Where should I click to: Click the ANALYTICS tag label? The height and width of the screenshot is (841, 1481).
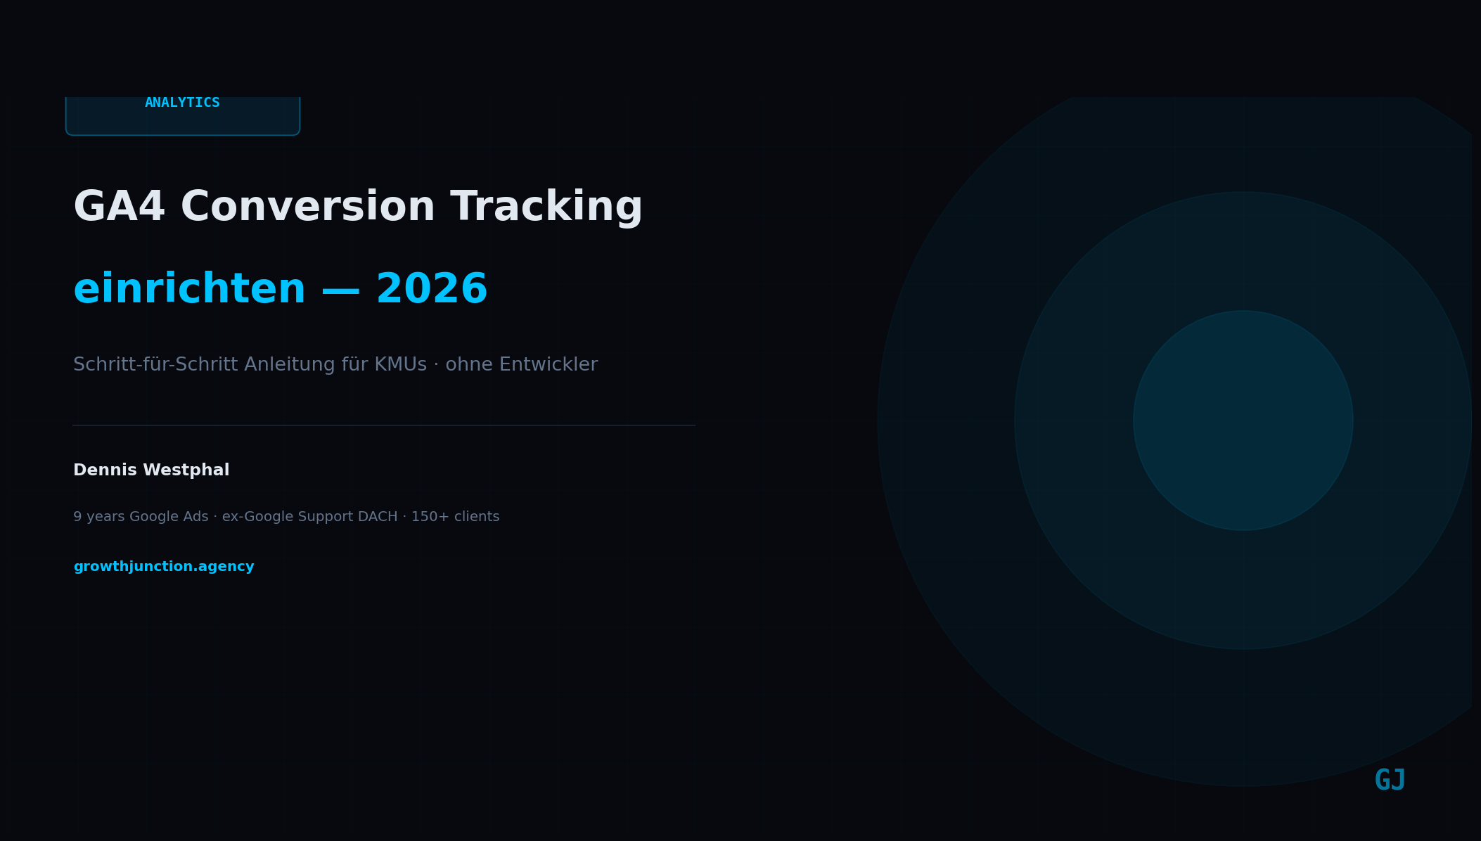pyautogui.click(x=182, y=103)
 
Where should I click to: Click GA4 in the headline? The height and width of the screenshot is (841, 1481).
pyautogui.click(x=119, y=207)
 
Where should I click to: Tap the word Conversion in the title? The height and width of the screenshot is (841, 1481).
pyautogui.click(x=307, y=207)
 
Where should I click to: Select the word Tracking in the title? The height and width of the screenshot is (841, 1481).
pyautogui.click(x=546, y=207)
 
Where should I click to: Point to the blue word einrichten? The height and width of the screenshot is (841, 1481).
pyautogui.click(x=189, y=290)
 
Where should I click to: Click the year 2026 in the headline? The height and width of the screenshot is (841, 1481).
pyautogui.click(x=431, y=290)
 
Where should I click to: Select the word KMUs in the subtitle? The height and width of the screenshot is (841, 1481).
pyautogui.click(x=400, y=365)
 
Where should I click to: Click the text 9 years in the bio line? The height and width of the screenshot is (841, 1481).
pyautogui.click(x=98, y=517)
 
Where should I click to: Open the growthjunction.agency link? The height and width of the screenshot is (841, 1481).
pyautogui.click(x=164, y=567)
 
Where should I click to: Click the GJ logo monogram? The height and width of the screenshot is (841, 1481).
pyautogui.click(x=1390, y=781)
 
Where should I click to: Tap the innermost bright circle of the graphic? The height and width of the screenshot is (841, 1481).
pyautogui.click(x=1243, y=420)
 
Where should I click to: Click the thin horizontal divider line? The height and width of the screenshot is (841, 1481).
pyautogui.click(x=383, y=425)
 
